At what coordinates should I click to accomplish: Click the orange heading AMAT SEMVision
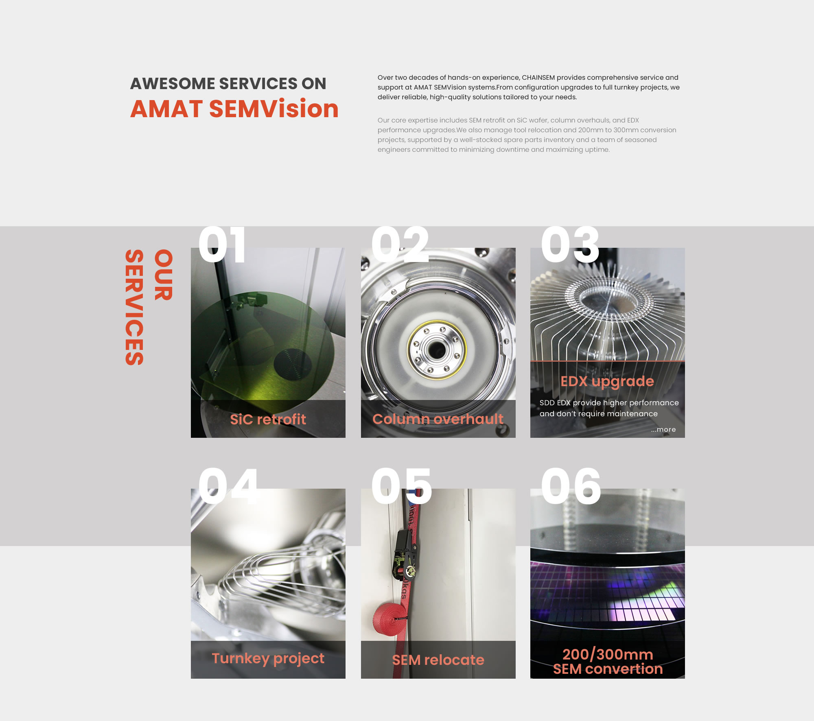click(x=234, y=109)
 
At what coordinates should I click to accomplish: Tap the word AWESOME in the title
click(x=173, y=83)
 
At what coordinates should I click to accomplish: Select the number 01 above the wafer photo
click(x=222, y=245)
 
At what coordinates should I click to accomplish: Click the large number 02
click(x=400, y=245)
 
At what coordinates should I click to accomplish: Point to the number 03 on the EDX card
click(x=570, y=245)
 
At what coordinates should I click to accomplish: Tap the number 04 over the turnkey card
click(x=228, y=485)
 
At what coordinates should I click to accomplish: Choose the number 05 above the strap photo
click(x=401, y=485)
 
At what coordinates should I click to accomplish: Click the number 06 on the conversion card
click(x=571, y=485)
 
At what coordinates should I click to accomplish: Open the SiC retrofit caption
click(x=268, y=419)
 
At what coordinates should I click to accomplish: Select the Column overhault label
click(x=438, y=419)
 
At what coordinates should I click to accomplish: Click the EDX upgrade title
click(x=607, y=382)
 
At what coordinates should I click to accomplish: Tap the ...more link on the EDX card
click(x=663, y=429)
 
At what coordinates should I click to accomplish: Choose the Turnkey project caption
click(x=268, y=658)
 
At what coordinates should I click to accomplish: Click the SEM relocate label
click(x=438, y=660)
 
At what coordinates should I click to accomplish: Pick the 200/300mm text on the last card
click(x=608, y=654)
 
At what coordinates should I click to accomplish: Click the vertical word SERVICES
click(x=134, y=307)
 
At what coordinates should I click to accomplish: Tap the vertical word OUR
click(x=164, y=275)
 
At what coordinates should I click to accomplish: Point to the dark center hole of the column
click(x=437, y=350)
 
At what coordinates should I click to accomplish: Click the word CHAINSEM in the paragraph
click(x=538, y=77)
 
